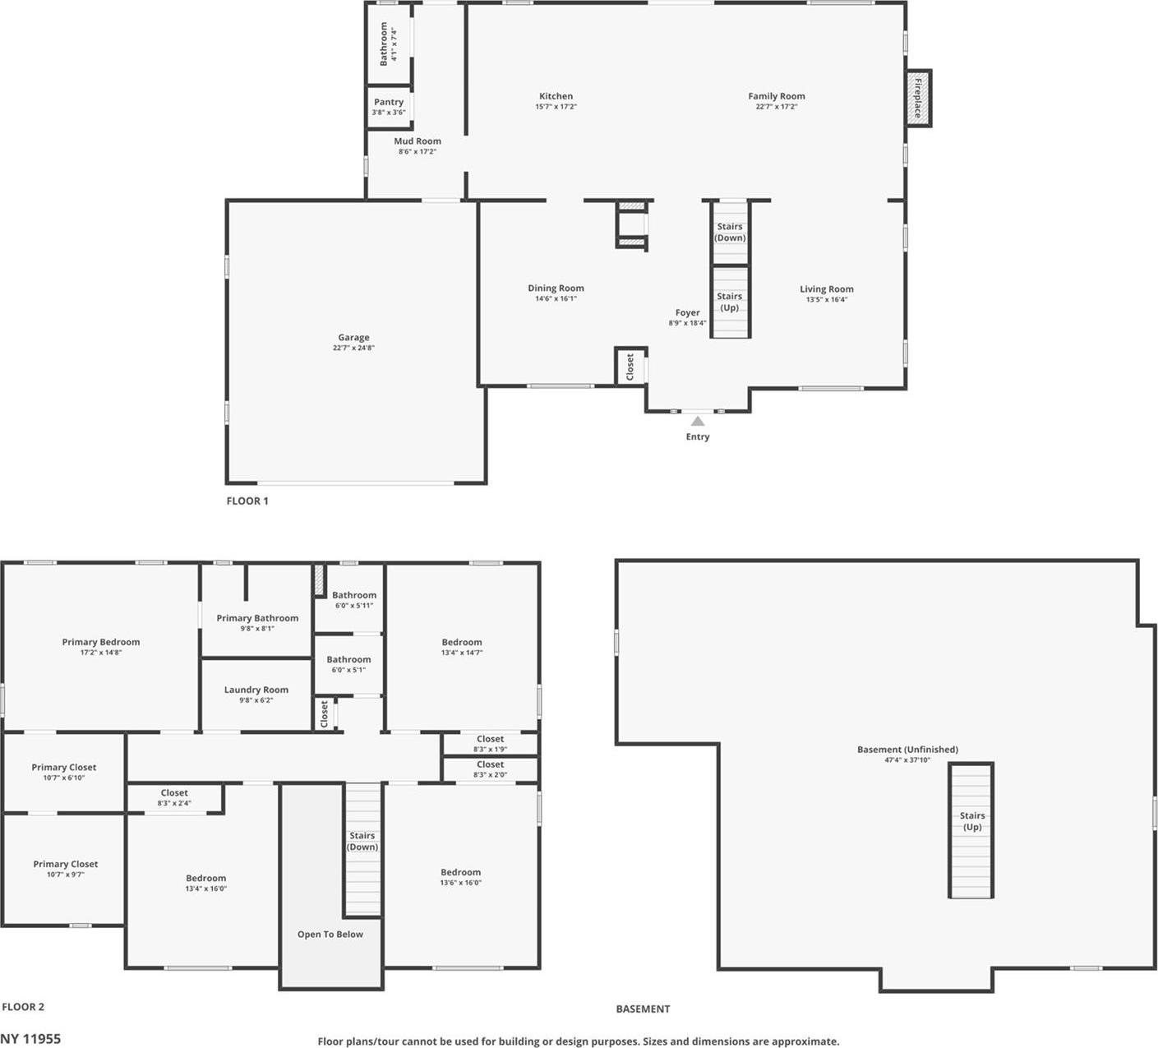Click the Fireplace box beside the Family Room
[x=918, y=98]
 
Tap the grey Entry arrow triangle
[x=698, y=421]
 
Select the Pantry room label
[x=389, y=103]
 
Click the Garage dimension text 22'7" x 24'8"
[x=353, y=348]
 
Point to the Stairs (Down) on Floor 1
[x=730, y=233]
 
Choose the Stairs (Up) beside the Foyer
[x=730, y=302]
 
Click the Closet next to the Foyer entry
[x=630, y=366]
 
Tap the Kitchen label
[x=556, y=96]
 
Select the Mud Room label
[x=418, y=141]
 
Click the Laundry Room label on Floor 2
[x=256, y=690]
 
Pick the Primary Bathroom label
[x=257, y=618]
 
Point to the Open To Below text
[x=330, y=935]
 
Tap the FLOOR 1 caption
[x=247, y=501]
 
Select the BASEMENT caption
[x=643, y=1009]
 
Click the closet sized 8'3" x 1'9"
[x=490, y=744]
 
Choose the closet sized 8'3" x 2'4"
[x=174, y=798]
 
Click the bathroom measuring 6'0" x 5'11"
[x=354, y=600]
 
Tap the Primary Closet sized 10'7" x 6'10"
[x=64, y=772]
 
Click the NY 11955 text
[x=30, y=1039]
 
